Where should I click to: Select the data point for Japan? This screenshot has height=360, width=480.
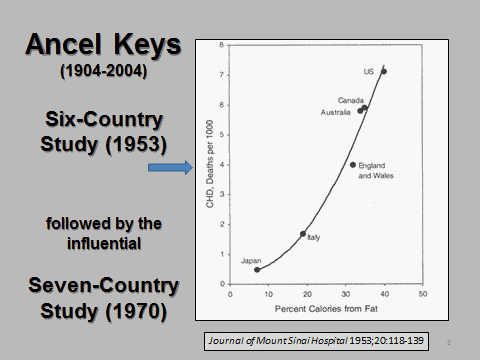(x=257, y=269)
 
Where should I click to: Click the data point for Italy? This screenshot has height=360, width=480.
(x=303, y=234)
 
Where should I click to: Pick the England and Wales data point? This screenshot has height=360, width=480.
(x=353, y=165)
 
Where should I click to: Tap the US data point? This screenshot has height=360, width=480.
(x=384, y=72)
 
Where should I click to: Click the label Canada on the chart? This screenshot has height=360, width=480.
(x=350, y=100)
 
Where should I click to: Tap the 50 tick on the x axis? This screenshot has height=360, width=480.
(x=422, y=294)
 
